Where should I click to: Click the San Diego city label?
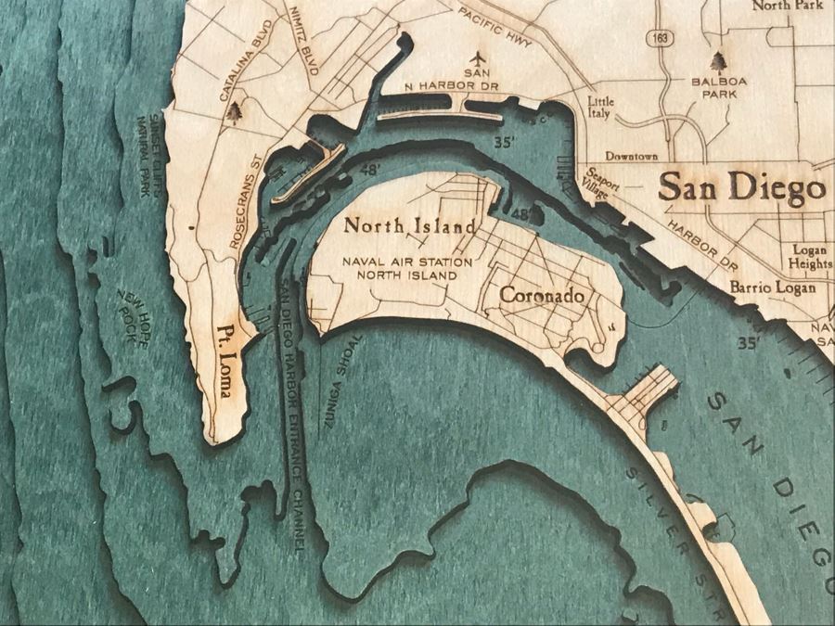pos(741,188)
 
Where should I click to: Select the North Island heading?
pos(410,225)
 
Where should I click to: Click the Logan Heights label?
pos(811,257)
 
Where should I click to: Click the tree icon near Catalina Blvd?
pos(238,112)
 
